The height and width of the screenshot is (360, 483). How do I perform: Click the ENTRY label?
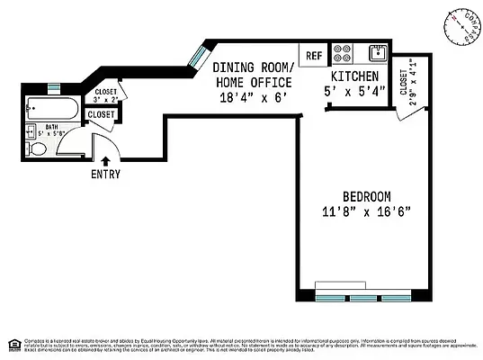(105, 174)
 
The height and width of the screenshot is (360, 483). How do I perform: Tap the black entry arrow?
(106, 161)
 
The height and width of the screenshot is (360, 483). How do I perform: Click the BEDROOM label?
(366, 197)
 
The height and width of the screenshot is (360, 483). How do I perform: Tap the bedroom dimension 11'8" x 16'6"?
(366, 213)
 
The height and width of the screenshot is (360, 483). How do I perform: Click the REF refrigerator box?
(314, 55)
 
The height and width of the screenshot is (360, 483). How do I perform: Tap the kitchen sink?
(378, 51)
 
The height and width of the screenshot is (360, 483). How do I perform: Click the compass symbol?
(459, 27)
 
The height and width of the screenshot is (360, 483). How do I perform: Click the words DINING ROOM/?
(252, 67)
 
